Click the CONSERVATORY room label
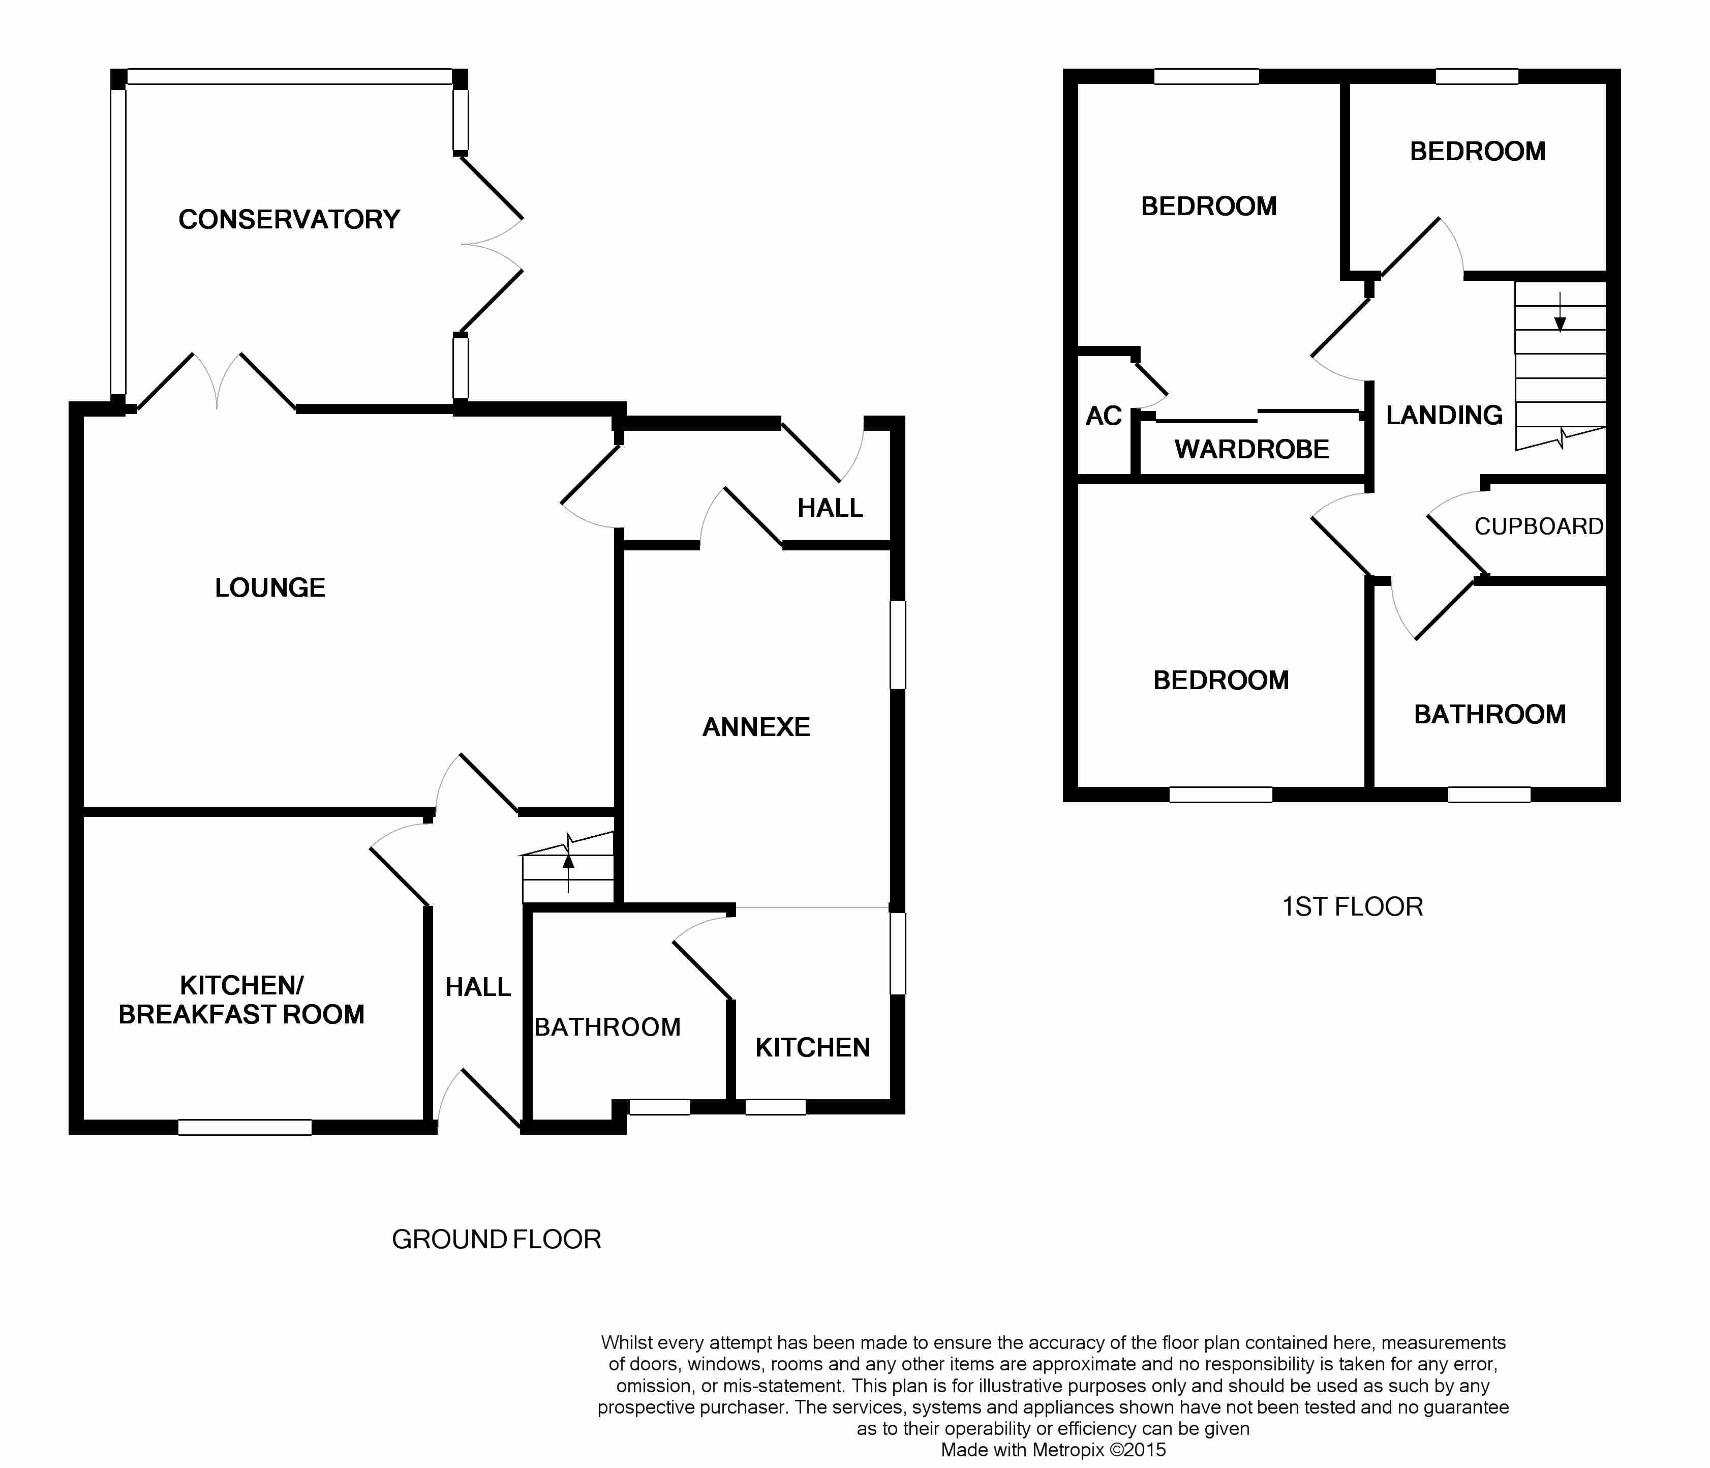point(289,220)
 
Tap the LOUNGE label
point(270,588)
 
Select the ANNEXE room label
point(756,726)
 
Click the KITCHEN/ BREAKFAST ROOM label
point(241,1000)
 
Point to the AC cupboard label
point(1104,416)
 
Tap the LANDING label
point(1444,415)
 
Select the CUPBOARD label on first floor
point(1538,527)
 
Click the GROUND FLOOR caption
point(496,1239)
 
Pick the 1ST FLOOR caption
point(1352,906)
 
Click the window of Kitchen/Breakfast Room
point(245,1127)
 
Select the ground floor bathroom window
point(659,1107)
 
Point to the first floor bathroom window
point(1489,794)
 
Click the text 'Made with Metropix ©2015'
point(1053,1450)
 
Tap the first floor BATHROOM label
point(1490,714)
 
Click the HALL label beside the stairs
point(478,987)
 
